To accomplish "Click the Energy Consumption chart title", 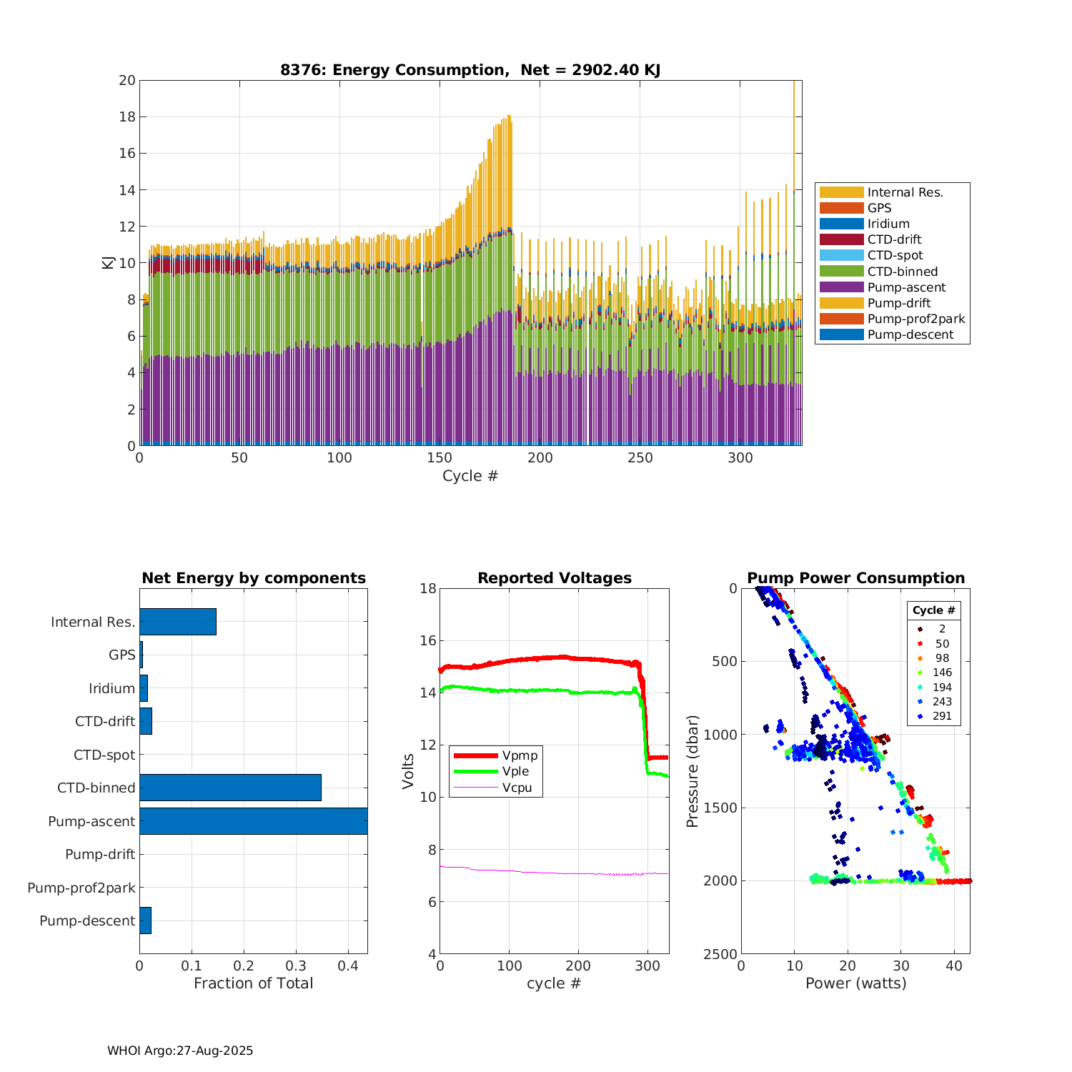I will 470,70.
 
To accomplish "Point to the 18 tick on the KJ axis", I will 127,116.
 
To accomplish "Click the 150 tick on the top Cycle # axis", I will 440,458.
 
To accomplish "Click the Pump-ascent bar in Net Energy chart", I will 253,821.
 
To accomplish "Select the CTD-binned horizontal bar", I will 230,788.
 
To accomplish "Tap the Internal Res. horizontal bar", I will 178,622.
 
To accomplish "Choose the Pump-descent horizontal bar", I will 145,920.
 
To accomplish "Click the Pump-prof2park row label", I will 81,888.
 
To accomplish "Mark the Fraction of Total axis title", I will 253,983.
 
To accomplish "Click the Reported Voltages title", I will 555,578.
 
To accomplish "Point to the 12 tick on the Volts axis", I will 427,745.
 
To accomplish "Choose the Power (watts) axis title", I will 855,983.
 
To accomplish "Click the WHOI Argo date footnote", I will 180,1051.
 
